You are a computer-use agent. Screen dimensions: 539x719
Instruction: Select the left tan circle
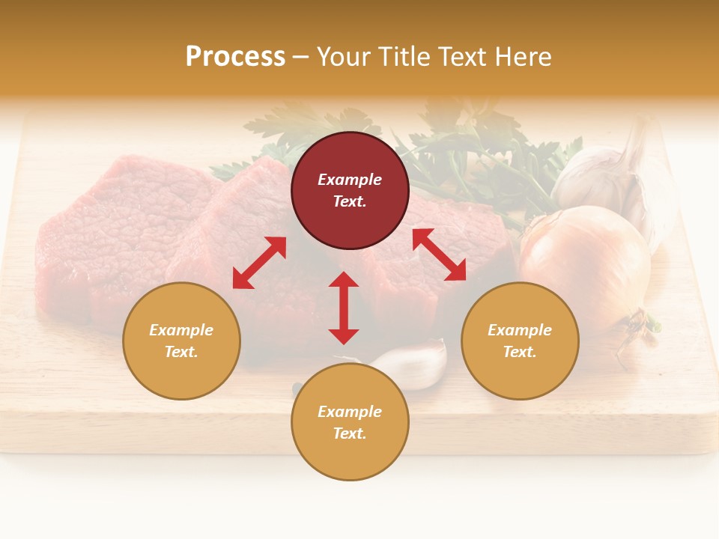(181, 341)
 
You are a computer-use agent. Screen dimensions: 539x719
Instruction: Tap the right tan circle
(520, 341)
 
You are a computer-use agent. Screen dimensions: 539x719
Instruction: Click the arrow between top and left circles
(259, 263)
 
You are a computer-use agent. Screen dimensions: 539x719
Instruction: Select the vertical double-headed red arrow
(344, 308)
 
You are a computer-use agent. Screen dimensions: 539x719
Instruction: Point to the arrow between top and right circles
(439, 255)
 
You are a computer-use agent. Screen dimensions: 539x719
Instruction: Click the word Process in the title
(235, 56)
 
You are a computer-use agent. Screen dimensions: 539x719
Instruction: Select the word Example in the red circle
(350, 180)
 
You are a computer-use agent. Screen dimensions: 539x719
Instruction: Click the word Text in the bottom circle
(350, 433)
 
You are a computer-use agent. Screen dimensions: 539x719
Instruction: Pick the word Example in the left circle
(181, 330)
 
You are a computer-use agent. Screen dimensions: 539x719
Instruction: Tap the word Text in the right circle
(520, 352)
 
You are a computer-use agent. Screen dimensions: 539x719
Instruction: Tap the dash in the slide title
(301, 56)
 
